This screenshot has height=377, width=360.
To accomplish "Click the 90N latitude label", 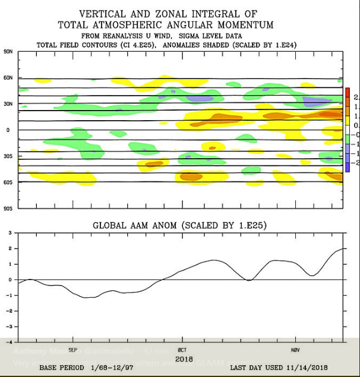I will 8,52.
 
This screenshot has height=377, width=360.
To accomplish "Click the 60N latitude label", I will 8,78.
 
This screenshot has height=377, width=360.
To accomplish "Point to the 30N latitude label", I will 8,104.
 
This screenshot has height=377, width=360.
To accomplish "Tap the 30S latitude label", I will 8,156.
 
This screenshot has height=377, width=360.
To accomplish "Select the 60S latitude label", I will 8,182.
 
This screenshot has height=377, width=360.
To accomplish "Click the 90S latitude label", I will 8,208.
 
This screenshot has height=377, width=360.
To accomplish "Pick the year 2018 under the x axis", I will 183,359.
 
